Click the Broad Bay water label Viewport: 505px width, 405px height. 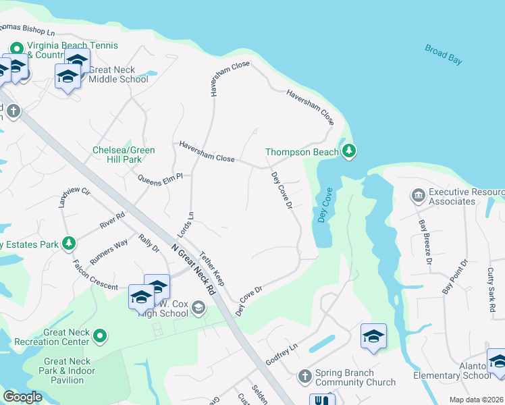444,54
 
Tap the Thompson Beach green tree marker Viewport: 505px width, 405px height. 348,150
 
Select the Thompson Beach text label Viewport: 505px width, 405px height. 301,153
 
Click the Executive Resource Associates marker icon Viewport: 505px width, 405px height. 417,196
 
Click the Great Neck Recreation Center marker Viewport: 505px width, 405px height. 100,335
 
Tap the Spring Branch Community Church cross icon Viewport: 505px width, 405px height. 304,375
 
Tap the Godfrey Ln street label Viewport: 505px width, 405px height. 281,354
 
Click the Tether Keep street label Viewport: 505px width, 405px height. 211,267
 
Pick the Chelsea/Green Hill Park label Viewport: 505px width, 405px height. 124,155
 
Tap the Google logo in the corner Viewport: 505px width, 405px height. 22,397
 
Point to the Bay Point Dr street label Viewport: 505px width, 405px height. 454,276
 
